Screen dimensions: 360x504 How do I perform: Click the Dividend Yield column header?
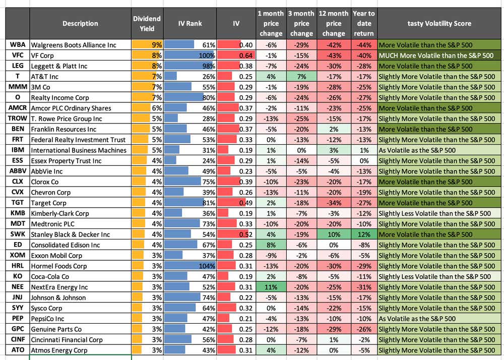147,24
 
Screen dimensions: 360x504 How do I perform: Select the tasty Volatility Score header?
439,24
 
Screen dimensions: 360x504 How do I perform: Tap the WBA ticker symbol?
18,45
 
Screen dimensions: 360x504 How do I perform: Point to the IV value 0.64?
236,55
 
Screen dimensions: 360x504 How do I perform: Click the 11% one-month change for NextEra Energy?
271,287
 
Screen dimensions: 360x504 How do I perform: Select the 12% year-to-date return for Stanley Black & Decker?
364,234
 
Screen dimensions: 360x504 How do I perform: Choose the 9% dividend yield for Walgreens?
147,45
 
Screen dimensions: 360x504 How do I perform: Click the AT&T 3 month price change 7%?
301,77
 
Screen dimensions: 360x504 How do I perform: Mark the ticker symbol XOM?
18,256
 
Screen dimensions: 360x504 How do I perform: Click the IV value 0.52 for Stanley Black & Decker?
236,234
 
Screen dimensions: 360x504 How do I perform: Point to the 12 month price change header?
333,24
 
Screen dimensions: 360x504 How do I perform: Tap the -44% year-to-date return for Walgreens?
364,45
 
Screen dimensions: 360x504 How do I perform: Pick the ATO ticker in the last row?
18,350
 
